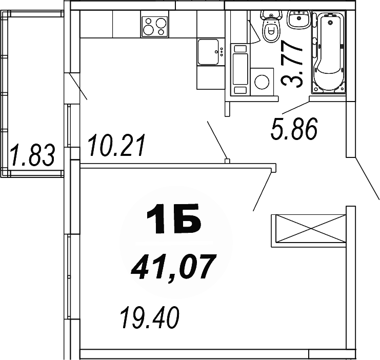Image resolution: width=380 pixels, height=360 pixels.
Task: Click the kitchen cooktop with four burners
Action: tap(155, 26)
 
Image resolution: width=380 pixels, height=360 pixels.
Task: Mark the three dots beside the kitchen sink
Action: tap(221, 51)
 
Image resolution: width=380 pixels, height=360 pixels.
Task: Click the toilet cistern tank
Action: tap(269, 16)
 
